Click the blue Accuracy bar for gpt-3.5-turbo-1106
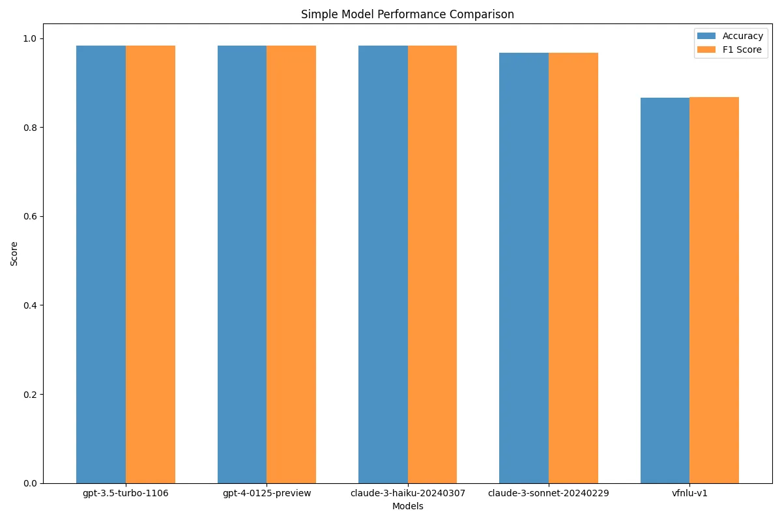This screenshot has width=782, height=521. [x=101, y=264]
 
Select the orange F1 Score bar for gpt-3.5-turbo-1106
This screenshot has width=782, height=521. [x=151, y=264]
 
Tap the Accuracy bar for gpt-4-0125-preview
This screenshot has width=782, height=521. [x=242, y=264]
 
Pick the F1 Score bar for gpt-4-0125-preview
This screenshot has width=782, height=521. [x=291, y=264]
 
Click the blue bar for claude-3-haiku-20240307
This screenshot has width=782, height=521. [x=383, y=264]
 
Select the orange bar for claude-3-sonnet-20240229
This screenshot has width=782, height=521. [x=573, y=268]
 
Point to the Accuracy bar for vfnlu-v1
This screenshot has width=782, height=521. [x=665, y=290]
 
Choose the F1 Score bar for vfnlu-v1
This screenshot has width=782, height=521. [x=714, y=290]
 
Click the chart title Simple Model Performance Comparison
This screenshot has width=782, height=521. [x=407, y=14]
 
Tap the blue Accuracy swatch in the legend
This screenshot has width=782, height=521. [x=706, y=36]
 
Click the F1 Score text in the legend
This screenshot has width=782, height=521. [x=742, y=50]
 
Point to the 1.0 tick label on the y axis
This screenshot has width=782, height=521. [x=30, y=38]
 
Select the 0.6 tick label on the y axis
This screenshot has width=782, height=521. [x=30, y=217]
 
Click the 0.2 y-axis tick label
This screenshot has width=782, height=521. [x=30, y=395]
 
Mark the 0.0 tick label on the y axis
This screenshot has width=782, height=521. [x=30, y=484]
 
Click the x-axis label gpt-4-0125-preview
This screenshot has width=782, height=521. [x=267, y=494]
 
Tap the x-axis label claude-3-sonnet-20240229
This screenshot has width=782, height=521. [x=549, y=494]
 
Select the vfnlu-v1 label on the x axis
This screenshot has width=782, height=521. [x=689, y=494]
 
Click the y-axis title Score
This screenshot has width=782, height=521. [x=14, y=254]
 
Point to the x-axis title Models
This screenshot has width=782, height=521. [x=407, y=506]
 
